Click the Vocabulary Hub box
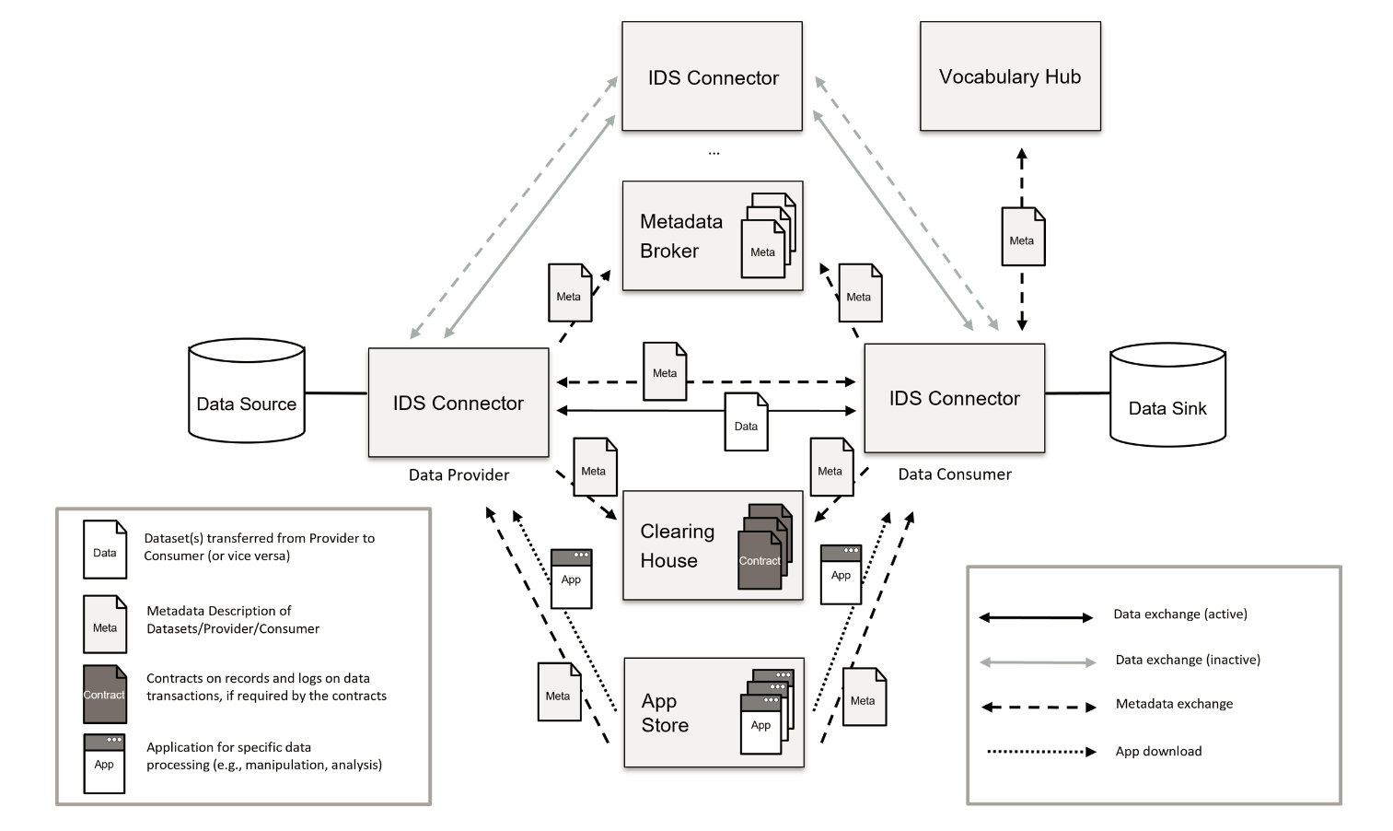[1010, 76]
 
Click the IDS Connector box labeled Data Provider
[459, 403]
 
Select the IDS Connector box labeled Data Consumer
[954, 398]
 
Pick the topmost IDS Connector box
[712, 76]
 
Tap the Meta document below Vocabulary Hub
[1022, 237]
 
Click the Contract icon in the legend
[104, 694]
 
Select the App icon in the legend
[104, 763]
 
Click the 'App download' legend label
[1158, 752]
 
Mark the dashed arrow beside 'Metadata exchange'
[1039, 708]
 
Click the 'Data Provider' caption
[459, 475]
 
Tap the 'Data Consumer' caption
[955, 474]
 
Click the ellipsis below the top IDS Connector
[714, 153]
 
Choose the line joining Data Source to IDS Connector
[336, 393]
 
